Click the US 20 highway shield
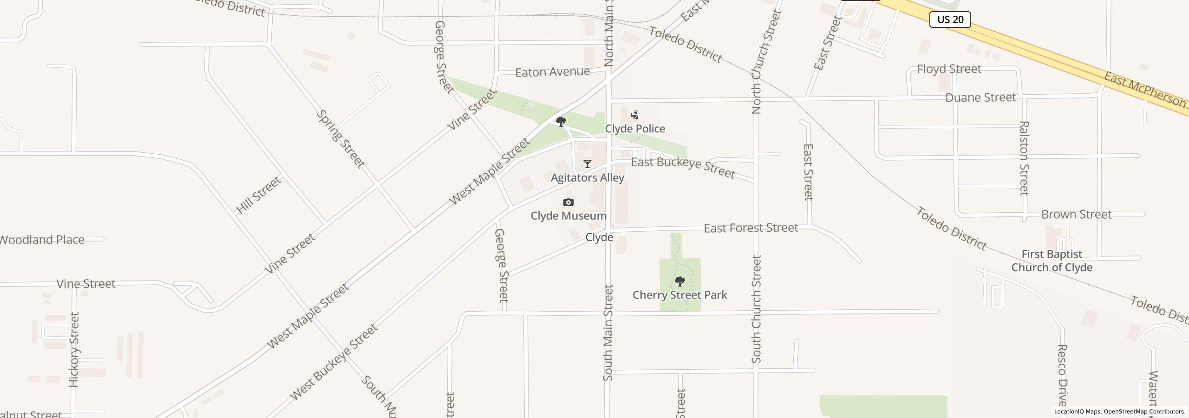click(x=950, y=20)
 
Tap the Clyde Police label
click(x=634, y=129)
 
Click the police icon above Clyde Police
click(x=634, y=115)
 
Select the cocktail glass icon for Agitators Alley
click(x=588, y=164)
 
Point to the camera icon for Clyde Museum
click(x=568, y=202)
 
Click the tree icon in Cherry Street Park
click(x=679, y=281)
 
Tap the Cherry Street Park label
click(x=679, y=295)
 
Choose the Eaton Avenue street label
click(x=552, y=72)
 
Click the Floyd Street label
click(x=949, y=69)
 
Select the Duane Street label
click(x=980, y=98)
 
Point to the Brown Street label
click(x=1076, y=215)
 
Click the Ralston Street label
click(x=1024, y=158)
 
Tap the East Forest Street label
click(x=751, y=228)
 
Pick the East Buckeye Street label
click(x=683, y=168)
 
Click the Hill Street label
click(x=259, y=195)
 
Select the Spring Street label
click(x=340, y=139)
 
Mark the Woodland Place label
click(x=42, y=240)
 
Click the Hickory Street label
click(x=74, y=349)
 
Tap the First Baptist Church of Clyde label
click(x=1052, y=261)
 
